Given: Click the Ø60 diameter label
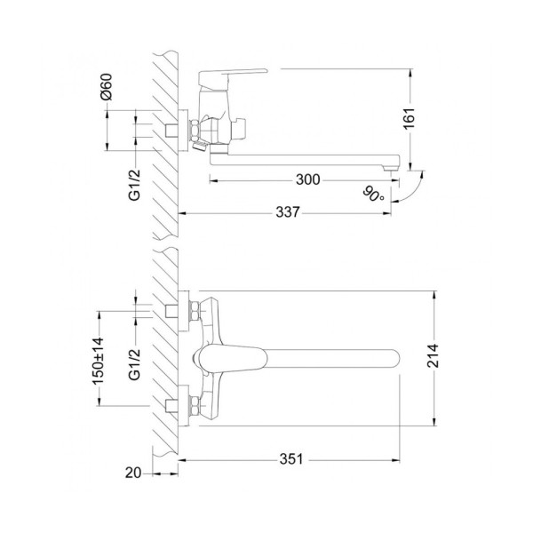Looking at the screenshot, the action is tap(106, 87).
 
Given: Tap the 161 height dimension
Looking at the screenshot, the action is tap(410, 118).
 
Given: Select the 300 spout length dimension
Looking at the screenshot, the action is tap(308, 179).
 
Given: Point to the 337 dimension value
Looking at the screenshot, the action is tap(288, 212).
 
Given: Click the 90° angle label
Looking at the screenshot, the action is tap(373, 194).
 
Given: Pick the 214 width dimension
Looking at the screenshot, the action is tap(433, 356).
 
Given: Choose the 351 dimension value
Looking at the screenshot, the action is tap(291, 459).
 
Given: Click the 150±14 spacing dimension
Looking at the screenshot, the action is tap(99, 361).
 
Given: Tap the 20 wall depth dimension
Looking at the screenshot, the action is tap(132, 473).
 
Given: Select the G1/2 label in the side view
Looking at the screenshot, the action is tap(135, 185).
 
